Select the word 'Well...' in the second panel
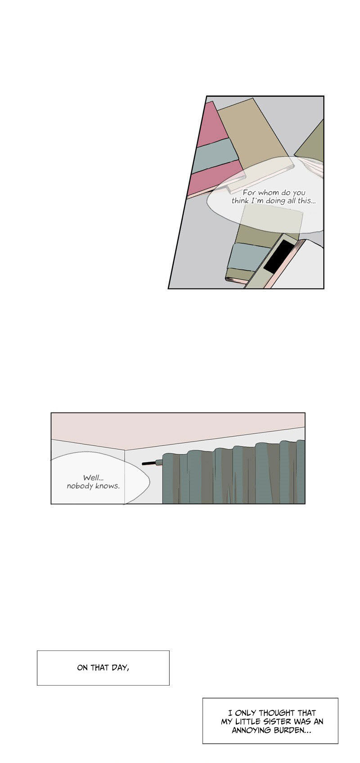click(93, 478)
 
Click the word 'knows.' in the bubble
click(108, 486)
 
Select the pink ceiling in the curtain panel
click(178, 431)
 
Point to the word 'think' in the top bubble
click(240, 201)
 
